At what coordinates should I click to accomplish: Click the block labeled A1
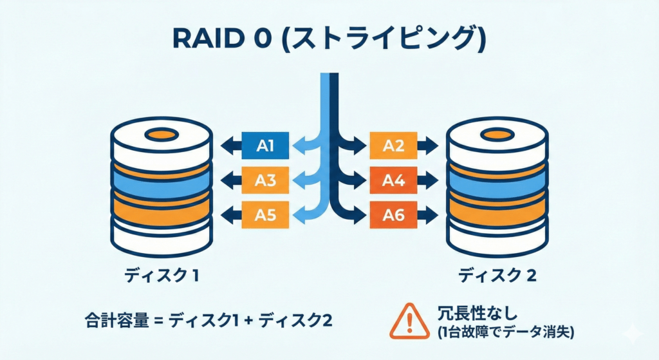coord(265,147)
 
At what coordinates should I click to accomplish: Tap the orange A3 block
coord(265,181)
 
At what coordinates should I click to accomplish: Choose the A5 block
coord(265,216)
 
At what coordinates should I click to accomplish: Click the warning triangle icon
coord(409,320)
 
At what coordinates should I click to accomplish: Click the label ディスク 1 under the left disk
coord(161,277)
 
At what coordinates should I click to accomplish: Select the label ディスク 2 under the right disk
coord(497,277)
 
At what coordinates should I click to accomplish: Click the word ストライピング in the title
coord(380,41)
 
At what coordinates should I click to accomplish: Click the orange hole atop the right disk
coord(497,135)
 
